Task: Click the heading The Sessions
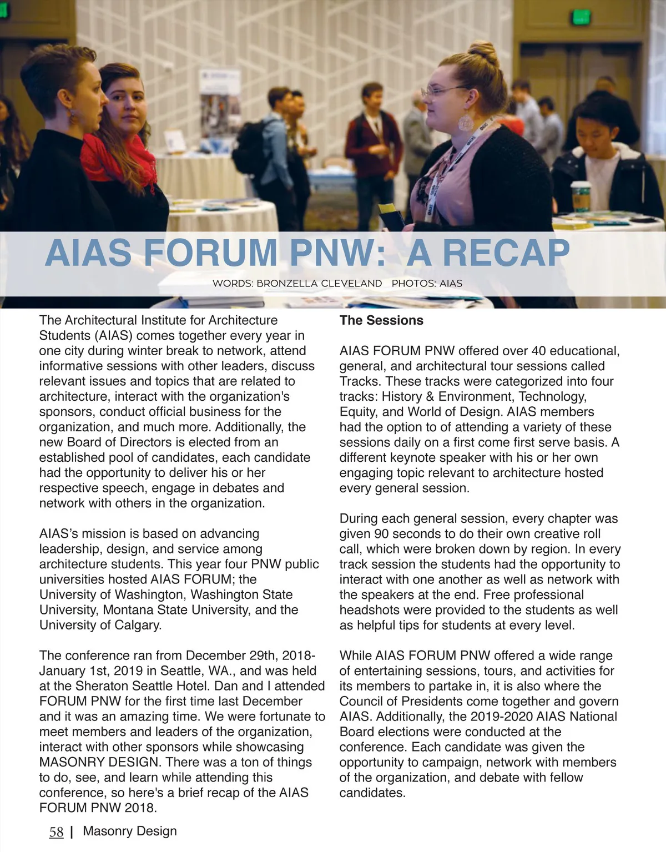point(381,320)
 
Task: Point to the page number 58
point(56,832)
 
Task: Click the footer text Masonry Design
point(130,831)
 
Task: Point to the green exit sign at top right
point(581,17)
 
